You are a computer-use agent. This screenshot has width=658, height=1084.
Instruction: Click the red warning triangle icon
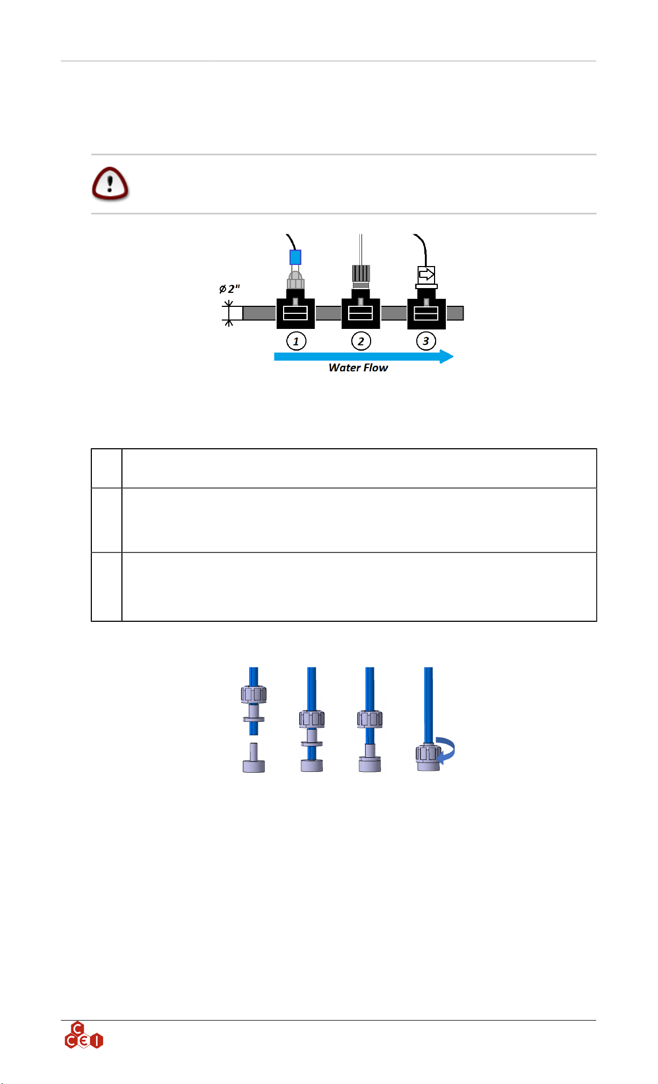tap(110, 184)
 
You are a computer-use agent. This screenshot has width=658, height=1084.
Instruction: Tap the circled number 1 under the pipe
tap(296, 341)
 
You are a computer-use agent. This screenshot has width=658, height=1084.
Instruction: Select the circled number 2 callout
tap(361, 341)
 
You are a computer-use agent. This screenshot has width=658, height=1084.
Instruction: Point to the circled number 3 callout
tap(426, 341)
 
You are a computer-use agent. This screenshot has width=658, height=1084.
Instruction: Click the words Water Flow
tap(358, 368)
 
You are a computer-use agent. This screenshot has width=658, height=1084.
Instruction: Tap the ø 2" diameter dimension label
tap(229, 289)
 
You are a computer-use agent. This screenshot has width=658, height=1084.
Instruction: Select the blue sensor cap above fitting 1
tap(295, 257)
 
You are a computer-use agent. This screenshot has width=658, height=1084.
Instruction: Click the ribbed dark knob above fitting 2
tap(361, 273)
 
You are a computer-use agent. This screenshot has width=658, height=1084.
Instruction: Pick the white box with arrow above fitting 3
tap(426, 275)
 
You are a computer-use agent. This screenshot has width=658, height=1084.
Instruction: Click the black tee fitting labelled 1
tap(295, 313)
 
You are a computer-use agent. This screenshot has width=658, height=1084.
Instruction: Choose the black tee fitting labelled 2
tap(361, 313)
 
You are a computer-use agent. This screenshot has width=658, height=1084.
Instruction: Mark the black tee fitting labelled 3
tap(426, 313)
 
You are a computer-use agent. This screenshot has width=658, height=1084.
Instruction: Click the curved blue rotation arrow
tap(447, 750)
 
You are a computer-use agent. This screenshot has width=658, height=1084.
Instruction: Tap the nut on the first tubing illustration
tap(254, 694)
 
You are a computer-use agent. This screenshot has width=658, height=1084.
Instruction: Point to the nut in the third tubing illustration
tap(370, 719)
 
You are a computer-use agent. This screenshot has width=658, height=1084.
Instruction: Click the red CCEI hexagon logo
tap(83, 1036)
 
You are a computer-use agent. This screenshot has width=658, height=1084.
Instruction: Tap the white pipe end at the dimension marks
tap(236, 313)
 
